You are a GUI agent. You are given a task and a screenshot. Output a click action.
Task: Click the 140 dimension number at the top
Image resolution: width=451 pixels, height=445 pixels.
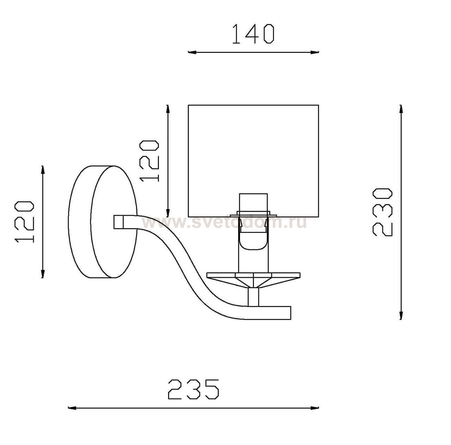pyautogui.click(x=253, y=34)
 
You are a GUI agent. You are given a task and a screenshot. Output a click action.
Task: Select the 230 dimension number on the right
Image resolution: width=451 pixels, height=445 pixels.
pyautogui.click(x=382, y=212)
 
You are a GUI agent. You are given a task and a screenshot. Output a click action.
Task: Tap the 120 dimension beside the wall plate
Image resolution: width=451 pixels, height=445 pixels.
pyautogui.click(x=24, y=221)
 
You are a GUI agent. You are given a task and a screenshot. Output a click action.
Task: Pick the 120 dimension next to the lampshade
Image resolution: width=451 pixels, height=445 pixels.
pyautogui.click(x=149, y=161)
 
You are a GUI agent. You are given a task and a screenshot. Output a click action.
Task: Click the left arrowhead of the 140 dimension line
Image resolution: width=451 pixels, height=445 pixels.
pyautogui.click(x=192, y=52)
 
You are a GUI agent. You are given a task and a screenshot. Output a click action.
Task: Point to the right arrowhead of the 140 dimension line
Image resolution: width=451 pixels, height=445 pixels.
pyautogui.click(x=315, y=52)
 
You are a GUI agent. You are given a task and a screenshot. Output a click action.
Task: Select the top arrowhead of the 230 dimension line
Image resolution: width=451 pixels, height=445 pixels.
pyautogui.click(x=401, y=109)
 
